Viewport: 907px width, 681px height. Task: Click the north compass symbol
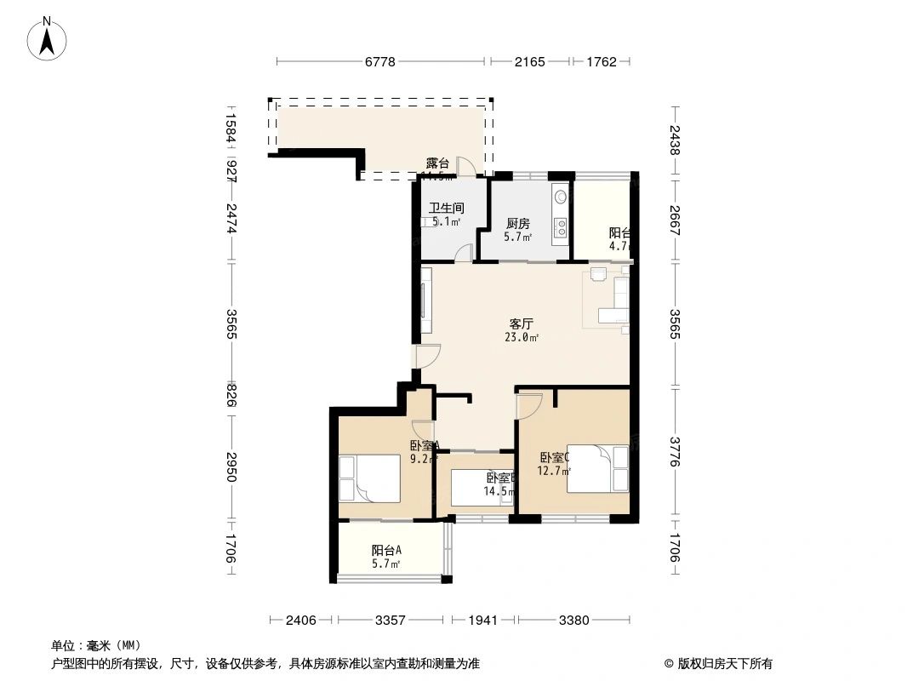coord(48,38)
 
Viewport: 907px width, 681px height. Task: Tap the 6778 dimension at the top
coord(382,62)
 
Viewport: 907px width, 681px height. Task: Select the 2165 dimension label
coord(528,62)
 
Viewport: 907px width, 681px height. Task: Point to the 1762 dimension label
coord(601,62)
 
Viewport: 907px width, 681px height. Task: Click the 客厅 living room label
coord(521,323)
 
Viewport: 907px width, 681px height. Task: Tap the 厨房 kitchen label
coord(517,223)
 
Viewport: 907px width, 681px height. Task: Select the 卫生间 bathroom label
coord(446,208)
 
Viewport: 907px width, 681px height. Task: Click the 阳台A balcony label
coord(386,550)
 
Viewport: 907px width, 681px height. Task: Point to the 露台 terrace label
coord(437,163)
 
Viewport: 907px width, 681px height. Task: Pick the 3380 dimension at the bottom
coord(574,621)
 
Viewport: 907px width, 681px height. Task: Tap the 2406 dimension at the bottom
coord(301,621)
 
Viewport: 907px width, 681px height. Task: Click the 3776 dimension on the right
coord(675,451)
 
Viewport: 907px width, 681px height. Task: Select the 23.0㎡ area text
coord(521,337)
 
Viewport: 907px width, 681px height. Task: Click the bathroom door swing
coord(463,252)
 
